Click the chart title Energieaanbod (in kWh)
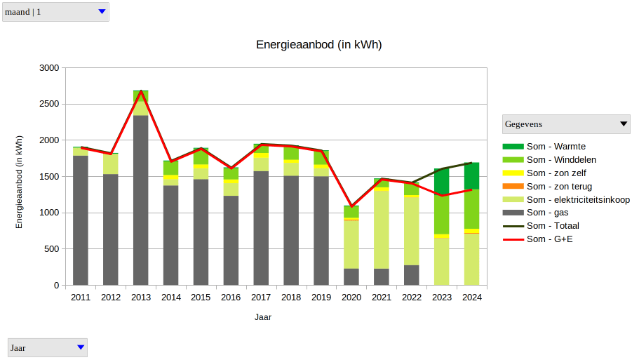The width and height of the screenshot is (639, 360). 318,45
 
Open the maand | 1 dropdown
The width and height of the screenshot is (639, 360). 55,12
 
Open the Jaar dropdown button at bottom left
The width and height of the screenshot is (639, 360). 48,347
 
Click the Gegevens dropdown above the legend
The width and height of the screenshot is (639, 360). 566,124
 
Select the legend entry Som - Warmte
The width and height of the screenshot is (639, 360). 556,147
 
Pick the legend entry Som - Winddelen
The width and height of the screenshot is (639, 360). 561,160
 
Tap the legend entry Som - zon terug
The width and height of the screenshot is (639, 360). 559,187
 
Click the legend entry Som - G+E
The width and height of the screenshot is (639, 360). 550,239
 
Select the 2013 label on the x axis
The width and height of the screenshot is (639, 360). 140,298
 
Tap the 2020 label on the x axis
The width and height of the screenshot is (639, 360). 351,298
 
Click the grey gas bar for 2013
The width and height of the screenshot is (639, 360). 140,200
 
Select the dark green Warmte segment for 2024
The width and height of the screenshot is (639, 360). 471,175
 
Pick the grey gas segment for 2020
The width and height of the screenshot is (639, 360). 351,276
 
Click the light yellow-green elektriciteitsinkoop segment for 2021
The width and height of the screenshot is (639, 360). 382,229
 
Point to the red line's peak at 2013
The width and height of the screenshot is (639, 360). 141,91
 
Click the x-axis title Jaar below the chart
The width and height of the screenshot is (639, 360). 263,317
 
